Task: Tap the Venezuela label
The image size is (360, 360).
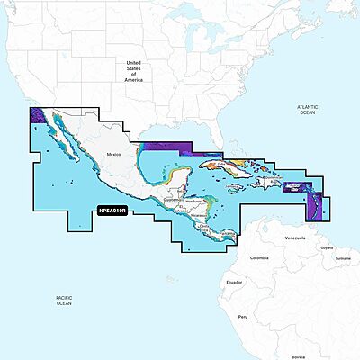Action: (283, 213)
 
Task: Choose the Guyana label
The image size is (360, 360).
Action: (315, 222)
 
